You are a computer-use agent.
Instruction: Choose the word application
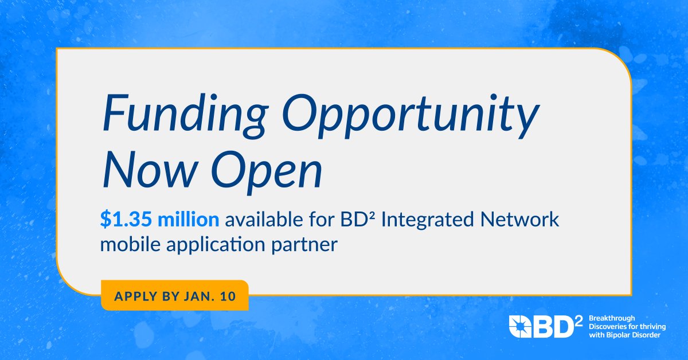coord(210,245)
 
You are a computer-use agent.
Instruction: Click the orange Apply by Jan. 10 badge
coord(174,296)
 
